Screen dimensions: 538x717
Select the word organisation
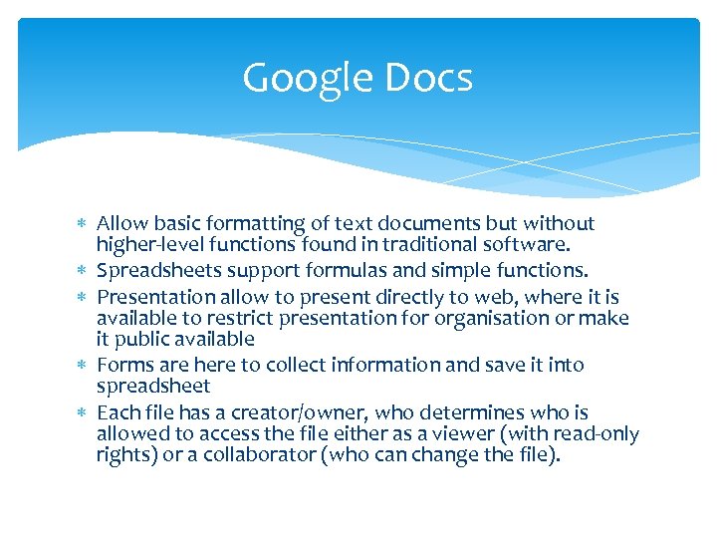coord(534,319)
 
